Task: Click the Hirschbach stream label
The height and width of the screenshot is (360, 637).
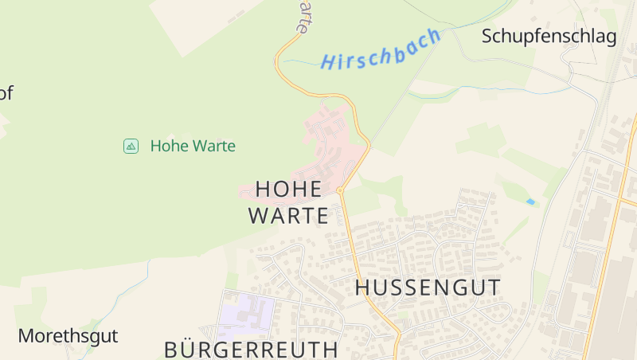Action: pos(381,49)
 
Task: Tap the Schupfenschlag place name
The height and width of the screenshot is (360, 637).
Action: pos(549,37)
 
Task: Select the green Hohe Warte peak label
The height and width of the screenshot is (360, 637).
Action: pos(193,146)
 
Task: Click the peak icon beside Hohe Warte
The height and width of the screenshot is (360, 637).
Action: pos(131,146)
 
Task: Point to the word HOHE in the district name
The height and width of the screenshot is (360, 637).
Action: pos(288,190)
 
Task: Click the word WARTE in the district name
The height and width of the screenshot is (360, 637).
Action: pos(288,216)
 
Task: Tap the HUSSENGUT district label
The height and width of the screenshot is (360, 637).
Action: pos(428,288)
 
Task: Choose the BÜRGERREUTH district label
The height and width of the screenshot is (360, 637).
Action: pos(252,349)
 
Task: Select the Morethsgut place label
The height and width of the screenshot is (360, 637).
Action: pos(68,335)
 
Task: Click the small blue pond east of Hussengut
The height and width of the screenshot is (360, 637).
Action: pos(530,202)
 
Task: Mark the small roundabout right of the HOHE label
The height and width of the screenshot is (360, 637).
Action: pos(340,190)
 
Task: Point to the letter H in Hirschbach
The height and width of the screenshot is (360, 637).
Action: pos(326,62)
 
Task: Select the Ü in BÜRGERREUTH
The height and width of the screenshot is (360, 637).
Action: pos(189,348)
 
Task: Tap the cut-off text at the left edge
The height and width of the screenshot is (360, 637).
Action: pos(6,93)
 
